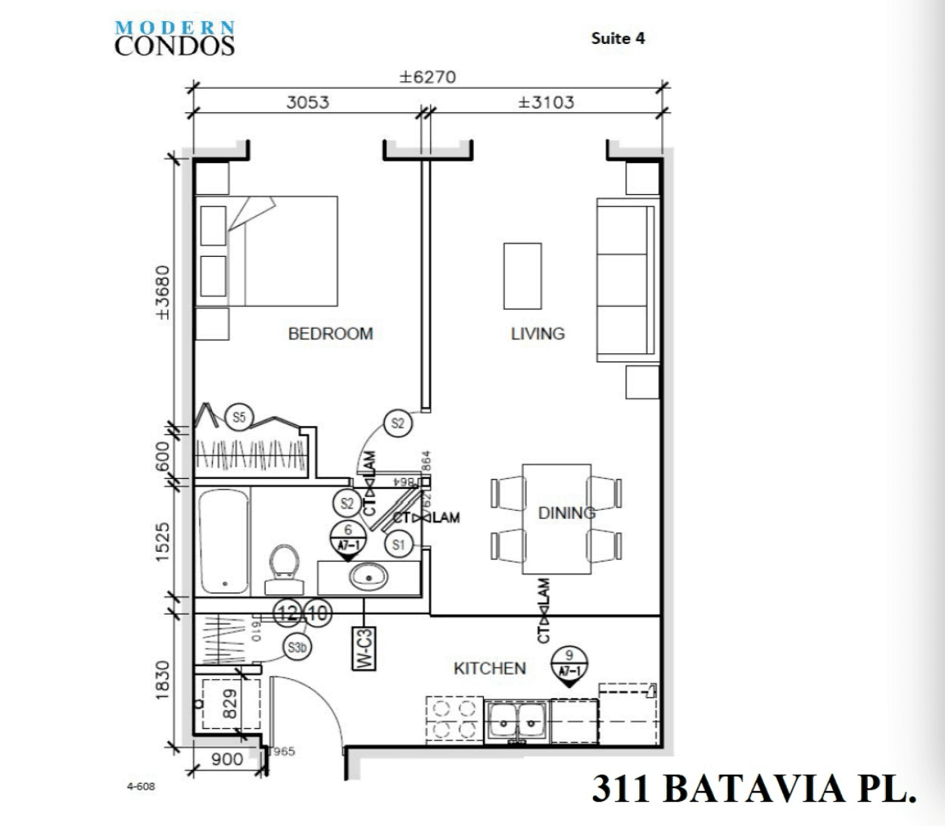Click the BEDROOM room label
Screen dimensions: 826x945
pos(330,333)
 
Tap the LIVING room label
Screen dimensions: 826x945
pos(538,333)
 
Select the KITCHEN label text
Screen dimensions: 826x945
pos(489,668)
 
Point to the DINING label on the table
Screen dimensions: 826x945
pos(566,513)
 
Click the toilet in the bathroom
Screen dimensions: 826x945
pos(284,568)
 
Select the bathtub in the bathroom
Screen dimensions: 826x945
pos(224,540)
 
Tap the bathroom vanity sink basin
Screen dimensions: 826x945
pos(369,577)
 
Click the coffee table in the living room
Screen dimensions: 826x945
pos(522,276)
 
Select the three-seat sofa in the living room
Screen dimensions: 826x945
pos(625,280)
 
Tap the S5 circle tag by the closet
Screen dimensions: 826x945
pos(239,417)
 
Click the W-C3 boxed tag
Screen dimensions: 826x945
pos(364,649)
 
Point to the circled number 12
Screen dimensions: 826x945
pos(288,612)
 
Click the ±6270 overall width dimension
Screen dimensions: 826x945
pos(428,77)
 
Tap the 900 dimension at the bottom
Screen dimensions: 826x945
pos(226,759)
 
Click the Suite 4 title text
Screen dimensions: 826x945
pos(618,39)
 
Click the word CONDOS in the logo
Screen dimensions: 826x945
pos(175,46)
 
